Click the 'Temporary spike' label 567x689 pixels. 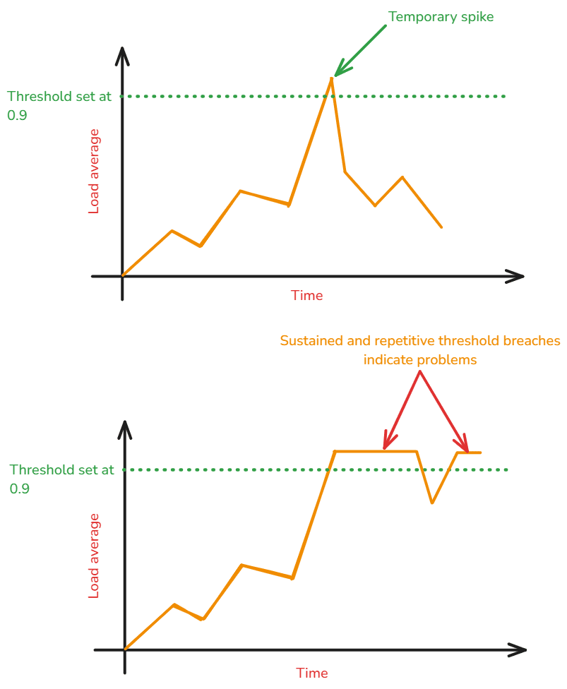click(441, 17)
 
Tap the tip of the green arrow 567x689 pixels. click(335, 75)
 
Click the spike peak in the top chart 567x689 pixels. click(331, 78)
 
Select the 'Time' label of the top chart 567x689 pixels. click(306, 296)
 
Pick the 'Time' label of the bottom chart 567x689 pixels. click(312, 673)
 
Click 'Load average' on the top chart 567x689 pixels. click(94, 172)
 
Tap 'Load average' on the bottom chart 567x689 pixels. click(94, 556)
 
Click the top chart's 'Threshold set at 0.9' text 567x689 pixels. click(59, 105)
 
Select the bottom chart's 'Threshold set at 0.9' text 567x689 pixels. click(61, 479)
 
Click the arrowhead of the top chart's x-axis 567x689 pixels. click(521, 276)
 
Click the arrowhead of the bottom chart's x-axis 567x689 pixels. click(524, 649)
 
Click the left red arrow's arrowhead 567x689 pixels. click(385, 447)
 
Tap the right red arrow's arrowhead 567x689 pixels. click(466, 448)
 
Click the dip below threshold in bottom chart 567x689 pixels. click(432, 503)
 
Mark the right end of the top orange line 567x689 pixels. click(441, 227)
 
